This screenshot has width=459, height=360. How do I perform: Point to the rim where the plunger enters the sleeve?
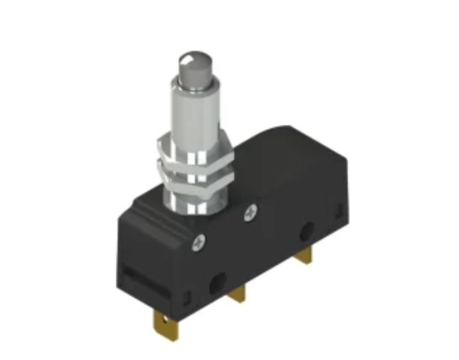tap(195, 84)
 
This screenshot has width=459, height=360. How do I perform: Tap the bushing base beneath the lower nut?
tap(195, 204)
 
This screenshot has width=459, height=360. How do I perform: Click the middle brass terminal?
tap(239, 292)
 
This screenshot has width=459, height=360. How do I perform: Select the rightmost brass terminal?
tap(304, 257)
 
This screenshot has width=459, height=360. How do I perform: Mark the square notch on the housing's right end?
tap(338, 211)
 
